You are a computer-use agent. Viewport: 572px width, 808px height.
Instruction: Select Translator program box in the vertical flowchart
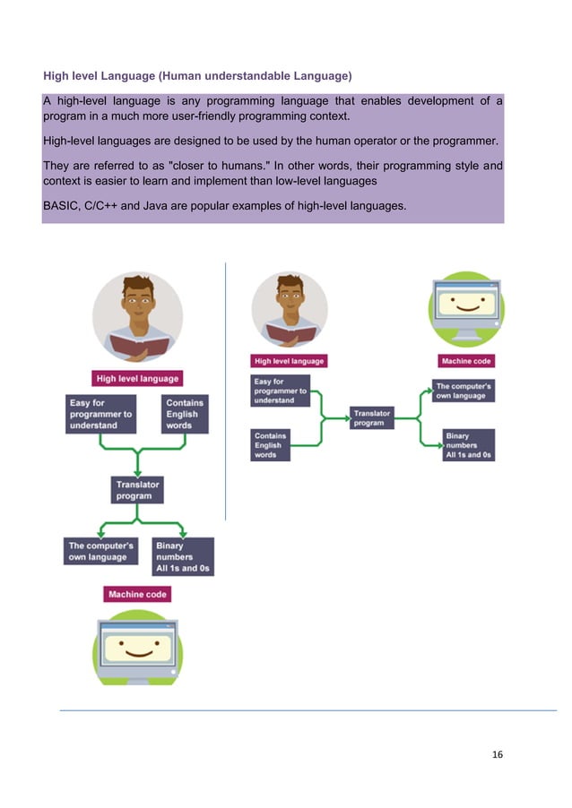[x=137, y=490]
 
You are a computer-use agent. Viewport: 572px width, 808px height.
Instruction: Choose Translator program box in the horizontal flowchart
[x=371, y=418]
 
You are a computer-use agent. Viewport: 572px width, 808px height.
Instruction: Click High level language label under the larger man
[x=137, y=378]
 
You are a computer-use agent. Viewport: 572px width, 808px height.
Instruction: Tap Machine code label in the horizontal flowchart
[x=468, y=361]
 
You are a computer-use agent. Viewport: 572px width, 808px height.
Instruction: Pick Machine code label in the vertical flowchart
[x=137, y=594]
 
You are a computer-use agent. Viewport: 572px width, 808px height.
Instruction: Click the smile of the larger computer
[x=137, y=650]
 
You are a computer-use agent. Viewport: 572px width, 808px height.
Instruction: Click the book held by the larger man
[x=137, y=344]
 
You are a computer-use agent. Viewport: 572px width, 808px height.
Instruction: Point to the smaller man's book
[x=290, y=335]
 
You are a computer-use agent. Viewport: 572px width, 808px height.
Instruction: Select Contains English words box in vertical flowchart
[x=185, y=414]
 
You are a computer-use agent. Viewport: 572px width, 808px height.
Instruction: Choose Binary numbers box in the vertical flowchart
[x=183, y=556]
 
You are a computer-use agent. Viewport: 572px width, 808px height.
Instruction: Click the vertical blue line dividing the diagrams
[x=225, y=394]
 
